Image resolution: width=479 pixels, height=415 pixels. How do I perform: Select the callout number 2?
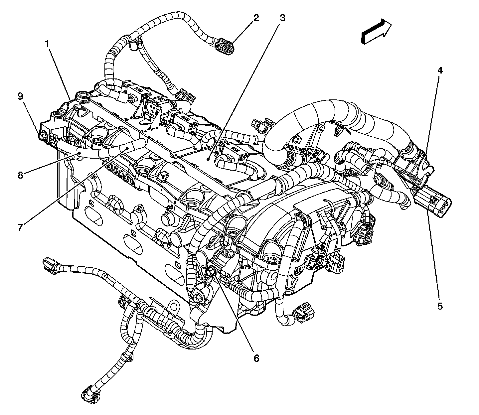(255, 18)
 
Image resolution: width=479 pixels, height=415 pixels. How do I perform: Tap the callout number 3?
(282, 18)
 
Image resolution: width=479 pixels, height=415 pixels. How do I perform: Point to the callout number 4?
(440, 70)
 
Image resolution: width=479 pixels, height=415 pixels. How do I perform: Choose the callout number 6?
(256, 358)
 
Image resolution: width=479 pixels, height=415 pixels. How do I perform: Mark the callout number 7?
(20, 227)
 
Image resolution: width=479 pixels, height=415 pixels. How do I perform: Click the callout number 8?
(20, 175)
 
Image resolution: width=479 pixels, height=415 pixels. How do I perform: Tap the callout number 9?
(20, 96)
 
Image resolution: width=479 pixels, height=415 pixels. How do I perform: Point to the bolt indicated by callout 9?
(43, 136)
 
